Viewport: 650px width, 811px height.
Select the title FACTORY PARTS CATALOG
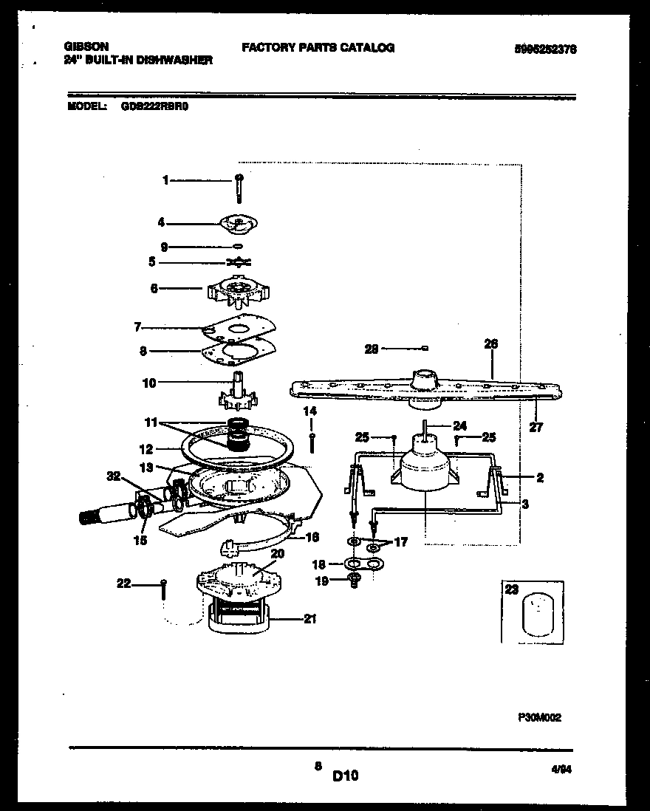click(318, 47)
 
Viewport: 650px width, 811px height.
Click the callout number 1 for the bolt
click(166, 179)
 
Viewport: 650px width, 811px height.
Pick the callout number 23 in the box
click(510, 590)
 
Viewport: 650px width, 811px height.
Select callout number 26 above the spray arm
click(491, 343)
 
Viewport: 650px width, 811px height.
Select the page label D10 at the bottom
click(345, 776)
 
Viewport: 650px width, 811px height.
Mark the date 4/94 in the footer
click(562, 769)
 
